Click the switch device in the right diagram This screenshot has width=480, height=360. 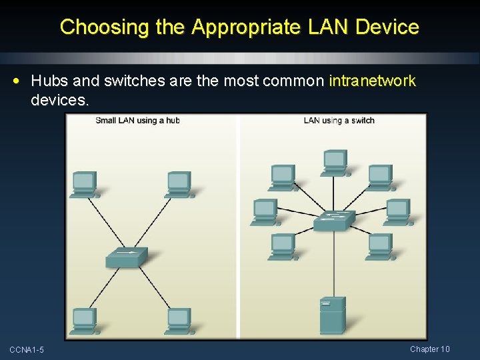(335, 220)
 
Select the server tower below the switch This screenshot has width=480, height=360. (332, 315)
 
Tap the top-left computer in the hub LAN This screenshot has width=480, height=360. (85, 184)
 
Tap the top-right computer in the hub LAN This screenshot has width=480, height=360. (179, 184)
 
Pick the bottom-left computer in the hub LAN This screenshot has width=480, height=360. (85, 320)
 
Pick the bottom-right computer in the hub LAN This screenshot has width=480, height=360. (179, 320)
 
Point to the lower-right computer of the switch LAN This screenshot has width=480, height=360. (380, 247)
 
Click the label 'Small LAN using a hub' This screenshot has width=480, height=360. (137, 121)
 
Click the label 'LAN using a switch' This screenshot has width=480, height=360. (339, 121)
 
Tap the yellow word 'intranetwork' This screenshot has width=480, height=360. (372, 81)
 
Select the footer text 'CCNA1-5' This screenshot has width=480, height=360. (27, 350)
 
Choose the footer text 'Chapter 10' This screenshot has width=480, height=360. (430, 349)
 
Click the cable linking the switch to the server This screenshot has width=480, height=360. (333, 267)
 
